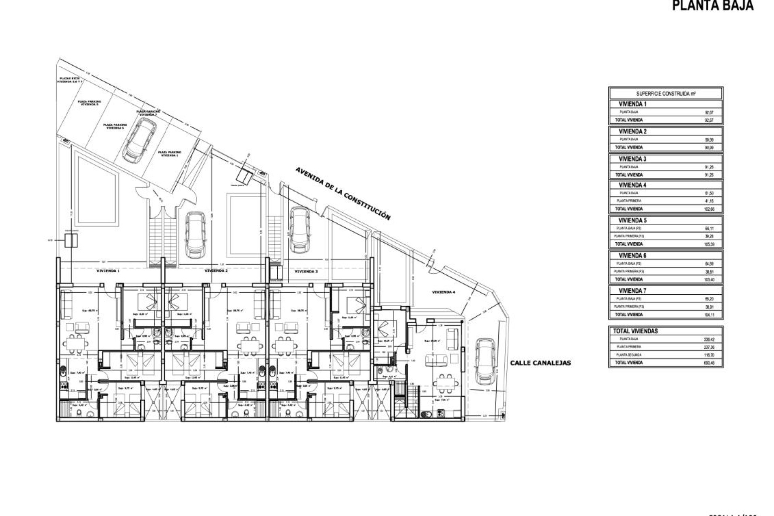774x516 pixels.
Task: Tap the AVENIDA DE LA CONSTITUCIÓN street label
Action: pos(343,193)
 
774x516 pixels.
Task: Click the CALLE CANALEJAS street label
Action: pos(540,363)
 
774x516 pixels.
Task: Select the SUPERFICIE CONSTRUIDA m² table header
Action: pos(666,94)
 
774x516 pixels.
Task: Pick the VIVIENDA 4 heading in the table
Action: pos(632,185)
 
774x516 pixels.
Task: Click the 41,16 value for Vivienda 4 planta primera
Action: pos(709,201)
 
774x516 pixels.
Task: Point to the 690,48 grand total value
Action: pos(709,363)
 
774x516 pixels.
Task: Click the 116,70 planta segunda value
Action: pos(709,355)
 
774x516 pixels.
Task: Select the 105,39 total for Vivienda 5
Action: pos(709,244)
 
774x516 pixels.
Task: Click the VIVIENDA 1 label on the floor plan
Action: pos(108,271)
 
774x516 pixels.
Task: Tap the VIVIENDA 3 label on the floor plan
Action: pos(306,272)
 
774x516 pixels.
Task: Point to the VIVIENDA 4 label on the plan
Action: pos(443,292)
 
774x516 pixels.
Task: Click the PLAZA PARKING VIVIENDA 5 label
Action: pos(89,103)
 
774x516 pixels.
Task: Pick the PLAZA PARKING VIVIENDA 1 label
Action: pos(171,154)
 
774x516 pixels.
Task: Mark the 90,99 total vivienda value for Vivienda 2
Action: pos(709,148)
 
